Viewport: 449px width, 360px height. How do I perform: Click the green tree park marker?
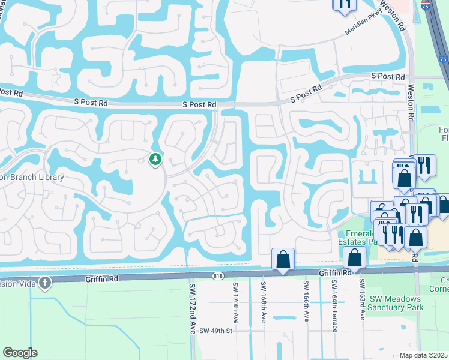155,160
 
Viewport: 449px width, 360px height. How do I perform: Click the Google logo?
20,353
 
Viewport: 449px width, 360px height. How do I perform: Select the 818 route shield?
217,275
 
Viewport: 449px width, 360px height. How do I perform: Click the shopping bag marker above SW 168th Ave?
283,259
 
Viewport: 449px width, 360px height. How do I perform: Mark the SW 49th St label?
215,331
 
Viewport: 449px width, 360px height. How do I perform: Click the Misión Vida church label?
16,283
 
